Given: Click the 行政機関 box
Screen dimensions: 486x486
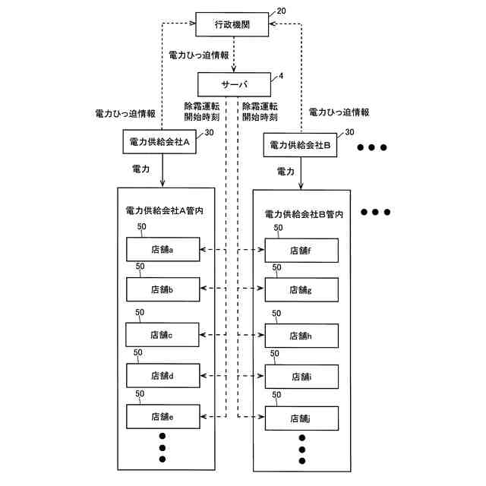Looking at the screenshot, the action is point(232,24).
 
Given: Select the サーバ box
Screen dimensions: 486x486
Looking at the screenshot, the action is point(234,84).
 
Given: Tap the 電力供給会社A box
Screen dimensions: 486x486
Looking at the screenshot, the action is point(159,142).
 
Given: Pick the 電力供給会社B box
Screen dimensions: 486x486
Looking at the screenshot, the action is point(300,145).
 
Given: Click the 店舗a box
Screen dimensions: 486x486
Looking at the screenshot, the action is point(163,249).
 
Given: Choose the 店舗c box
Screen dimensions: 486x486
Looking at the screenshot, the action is point(162,335).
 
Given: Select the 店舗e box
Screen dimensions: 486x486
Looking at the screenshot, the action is point(163,417).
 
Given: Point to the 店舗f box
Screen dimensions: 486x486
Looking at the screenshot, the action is point(301,251).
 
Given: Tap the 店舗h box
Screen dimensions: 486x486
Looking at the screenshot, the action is point(301,336).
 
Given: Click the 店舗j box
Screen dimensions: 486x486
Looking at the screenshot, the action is point(301,418).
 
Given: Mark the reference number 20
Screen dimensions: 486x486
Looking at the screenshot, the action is point(281,11).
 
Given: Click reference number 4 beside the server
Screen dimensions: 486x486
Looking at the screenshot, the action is point(281,76).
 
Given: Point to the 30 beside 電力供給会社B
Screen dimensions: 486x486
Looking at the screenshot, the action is point(349,132).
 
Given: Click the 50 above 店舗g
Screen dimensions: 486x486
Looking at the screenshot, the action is point(276,267).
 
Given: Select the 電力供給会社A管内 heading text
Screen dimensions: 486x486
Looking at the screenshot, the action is point(164,211).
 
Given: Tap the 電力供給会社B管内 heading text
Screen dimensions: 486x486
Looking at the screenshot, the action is point(304,214).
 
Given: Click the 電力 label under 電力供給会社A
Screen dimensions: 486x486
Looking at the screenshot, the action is point(140,169).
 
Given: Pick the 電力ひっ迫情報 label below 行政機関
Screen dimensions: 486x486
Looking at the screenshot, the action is point(198,55).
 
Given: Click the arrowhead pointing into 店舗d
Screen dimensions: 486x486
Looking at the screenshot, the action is point(204,376).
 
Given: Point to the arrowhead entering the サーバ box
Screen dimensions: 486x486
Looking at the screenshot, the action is point(234,69).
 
